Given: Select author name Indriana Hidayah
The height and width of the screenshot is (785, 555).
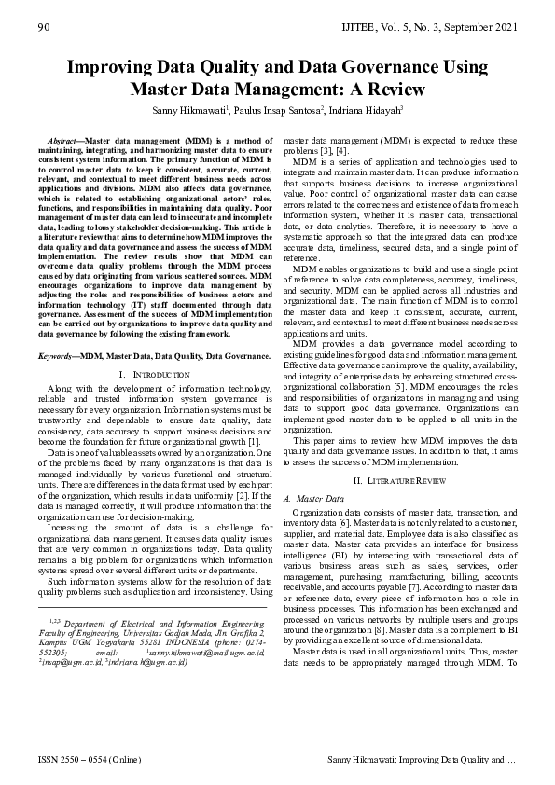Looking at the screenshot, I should pyautogui.click(x=366, y=110).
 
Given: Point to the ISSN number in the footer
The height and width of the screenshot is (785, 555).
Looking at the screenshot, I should pyautogui.click(x=83, y=762).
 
